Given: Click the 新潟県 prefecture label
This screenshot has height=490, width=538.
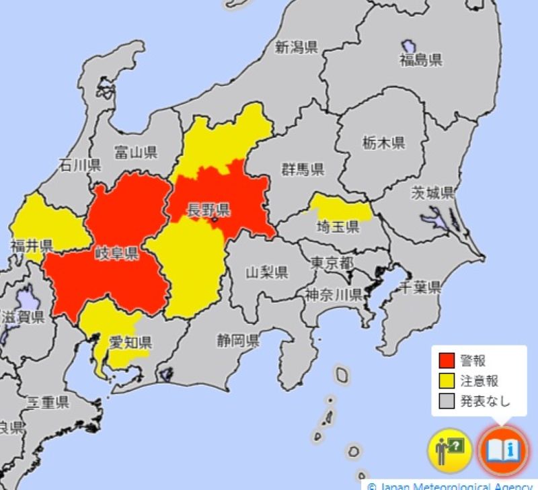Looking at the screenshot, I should coord(296,47).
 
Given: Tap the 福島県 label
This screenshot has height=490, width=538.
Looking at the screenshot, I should coord(420,61).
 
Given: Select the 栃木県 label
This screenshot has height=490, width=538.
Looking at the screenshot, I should coord(383,142).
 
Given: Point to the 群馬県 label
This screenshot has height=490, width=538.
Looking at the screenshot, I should coord(303,169).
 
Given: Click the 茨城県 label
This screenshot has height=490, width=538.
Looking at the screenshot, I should coord(432,194).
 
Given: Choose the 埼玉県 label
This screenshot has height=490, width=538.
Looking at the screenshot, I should coord(338,227).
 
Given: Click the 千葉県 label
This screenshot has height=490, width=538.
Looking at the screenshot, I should coord(420,288).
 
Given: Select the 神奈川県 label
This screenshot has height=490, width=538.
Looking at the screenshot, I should coord(333,294).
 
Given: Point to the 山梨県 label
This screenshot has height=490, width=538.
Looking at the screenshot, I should coord(266,272).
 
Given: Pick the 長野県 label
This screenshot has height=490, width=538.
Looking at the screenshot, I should coord(208,209).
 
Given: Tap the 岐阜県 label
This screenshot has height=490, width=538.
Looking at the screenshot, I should coord(116,253).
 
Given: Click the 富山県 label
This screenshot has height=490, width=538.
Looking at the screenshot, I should coord(135,151).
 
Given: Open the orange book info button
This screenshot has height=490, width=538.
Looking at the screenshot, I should coord(502,450).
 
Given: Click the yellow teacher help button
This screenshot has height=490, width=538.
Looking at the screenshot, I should coord(449,450).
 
